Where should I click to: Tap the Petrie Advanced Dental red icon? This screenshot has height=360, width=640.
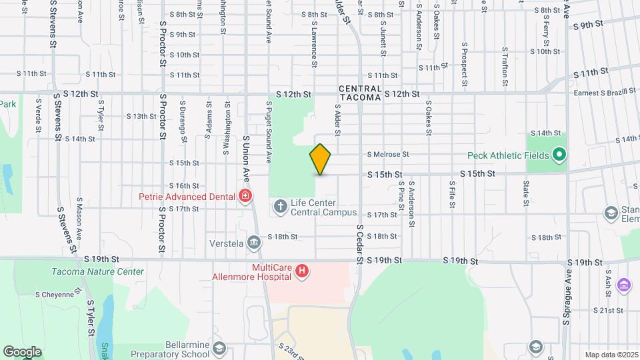pyautogui.click(x=246, y=196)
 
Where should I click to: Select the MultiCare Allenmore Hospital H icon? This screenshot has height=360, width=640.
pyautogui.click(x=302, y=271)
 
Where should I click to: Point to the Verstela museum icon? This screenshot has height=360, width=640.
pyautogui.click(x=254, y=242)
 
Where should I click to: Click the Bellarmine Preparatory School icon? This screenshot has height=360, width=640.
pyautogui.click(x=219, y=348)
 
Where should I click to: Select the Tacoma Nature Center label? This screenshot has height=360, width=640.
pyautogui.click(x=97, y=271)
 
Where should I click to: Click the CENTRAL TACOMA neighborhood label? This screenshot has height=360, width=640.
pyautogui.click(x=360, y=93)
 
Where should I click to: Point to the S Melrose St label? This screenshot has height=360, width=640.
pyautogui.click(x=387, y=154)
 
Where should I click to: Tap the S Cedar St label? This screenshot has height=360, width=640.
pyautogui.click(x=359, y=244)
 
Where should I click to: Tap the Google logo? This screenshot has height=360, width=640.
pyautogui.click(x=22, y=351)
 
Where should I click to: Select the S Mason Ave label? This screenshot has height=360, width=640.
pyautogui.click(x=79, y=219)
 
